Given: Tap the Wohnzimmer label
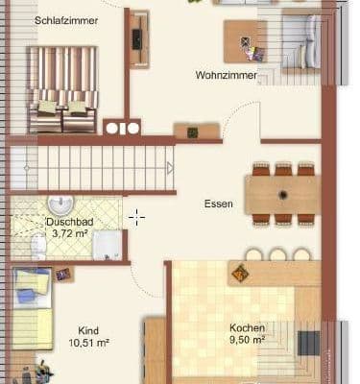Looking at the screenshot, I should (x=226, y=75).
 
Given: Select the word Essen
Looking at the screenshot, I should (x=218, y=204).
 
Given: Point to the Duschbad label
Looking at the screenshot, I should (x=66, y=222).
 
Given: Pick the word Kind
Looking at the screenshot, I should (x=87, y=326).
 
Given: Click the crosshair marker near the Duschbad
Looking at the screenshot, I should (x=136, y=217).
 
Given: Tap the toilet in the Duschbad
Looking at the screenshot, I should (x=37, y=247).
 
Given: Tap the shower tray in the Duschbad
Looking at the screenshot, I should (x=107, y=245).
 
